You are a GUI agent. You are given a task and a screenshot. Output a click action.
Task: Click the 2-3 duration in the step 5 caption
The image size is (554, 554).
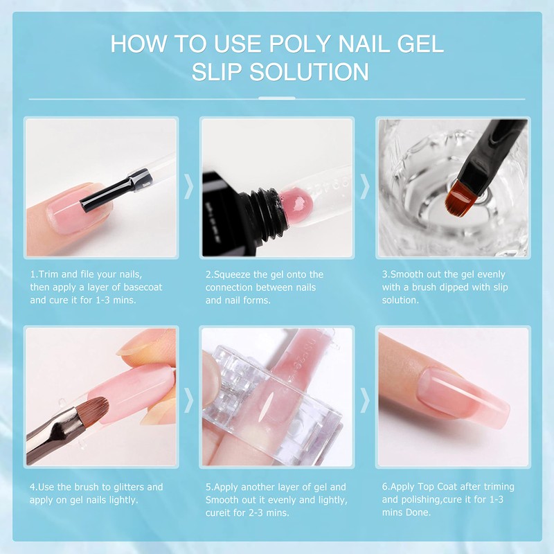260,513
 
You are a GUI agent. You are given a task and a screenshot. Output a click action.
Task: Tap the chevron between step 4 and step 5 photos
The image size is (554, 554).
188,397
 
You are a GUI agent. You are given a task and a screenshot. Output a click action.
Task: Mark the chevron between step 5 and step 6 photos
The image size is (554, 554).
364,397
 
